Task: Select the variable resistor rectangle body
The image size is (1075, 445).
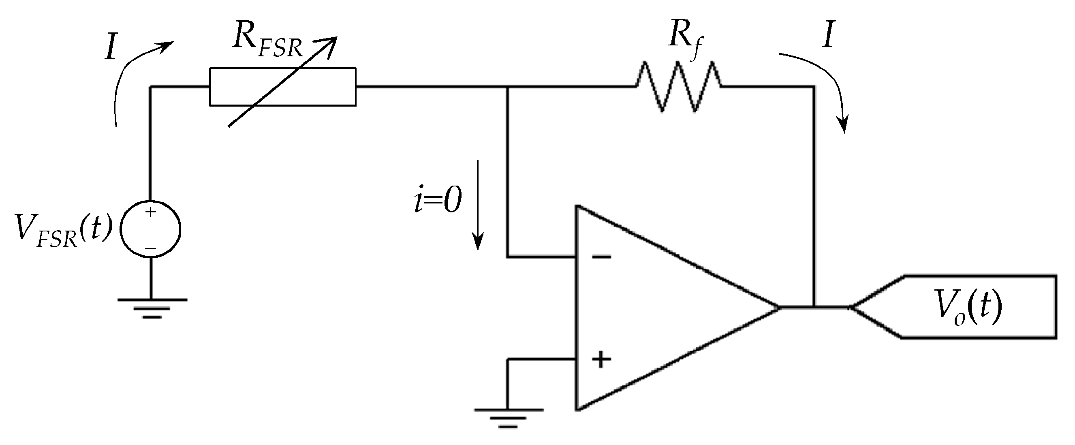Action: point(282,87)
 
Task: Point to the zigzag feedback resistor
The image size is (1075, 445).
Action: point(678,86)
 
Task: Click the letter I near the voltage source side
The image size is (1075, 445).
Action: point(111,47)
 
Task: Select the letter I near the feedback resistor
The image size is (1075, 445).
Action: point(828,36)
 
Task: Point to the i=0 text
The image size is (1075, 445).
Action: point(438,199)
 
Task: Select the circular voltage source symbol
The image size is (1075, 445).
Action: point(150,229)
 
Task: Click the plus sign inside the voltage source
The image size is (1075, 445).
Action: point(150,212)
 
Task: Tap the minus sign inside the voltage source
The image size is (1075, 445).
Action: point(150,249)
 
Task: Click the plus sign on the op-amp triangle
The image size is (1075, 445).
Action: point(601,359)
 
